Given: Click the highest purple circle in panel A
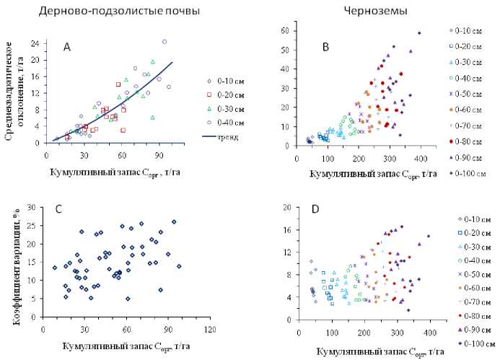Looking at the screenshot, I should (x=165, y=42).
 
